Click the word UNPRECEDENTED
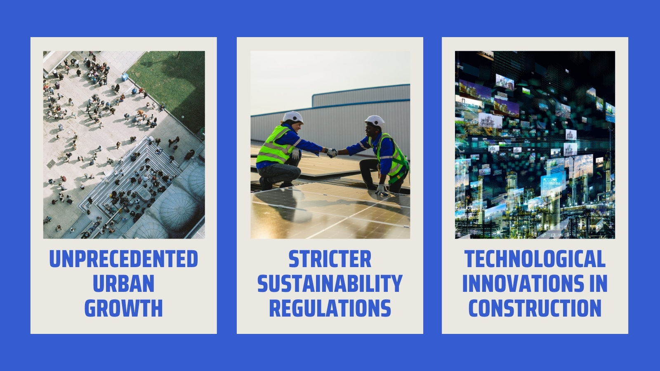tap(123, 259)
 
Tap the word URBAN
tap(123, 284)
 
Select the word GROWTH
tap(123, 308)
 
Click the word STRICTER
tap(330, 259)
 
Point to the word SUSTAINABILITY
tap(330, 284)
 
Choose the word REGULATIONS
tap(330, 308)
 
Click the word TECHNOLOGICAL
tap(535, 259)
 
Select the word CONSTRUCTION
tap(535, 308)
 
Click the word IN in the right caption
tap(598, 284)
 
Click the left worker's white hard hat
tap(294, 117)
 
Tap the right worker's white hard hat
tap(375, 121)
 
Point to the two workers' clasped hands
tap(332, 153)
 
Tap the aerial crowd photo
tap(124, 145)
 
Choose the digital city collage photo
tap(535, 145)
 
